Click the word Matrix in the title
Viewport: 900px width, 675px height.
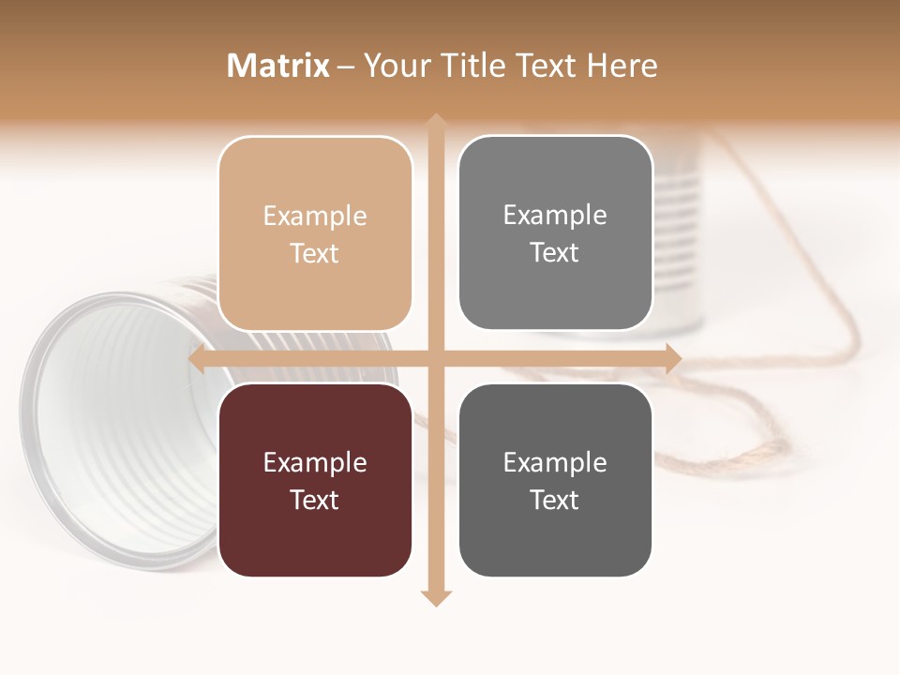(x=277, y=66)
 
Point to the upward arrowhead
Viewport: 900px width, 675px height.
(x=435, y=122)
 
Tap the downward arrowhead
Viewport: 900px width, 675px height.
(x=435, y=597)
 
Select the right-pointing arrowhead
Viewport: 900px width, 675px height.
(x=672, y=358)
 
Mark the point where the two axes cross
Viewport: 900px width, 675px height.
(x=435, y=358)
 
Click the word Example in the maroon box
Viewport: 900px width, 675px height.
(x=315, y=462)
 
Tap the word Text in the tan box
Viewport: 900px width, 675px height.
(x=315, y=253)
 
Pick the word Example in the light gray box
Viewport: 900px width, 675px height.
(x=555, y=215)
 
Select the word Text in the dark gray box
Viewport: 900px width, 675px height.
(x=555, y=500)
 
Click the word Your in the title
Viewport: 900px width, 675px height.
(x=394, y=66)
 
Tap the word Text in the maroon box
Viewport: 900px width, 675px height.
(x=315, y=500)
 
